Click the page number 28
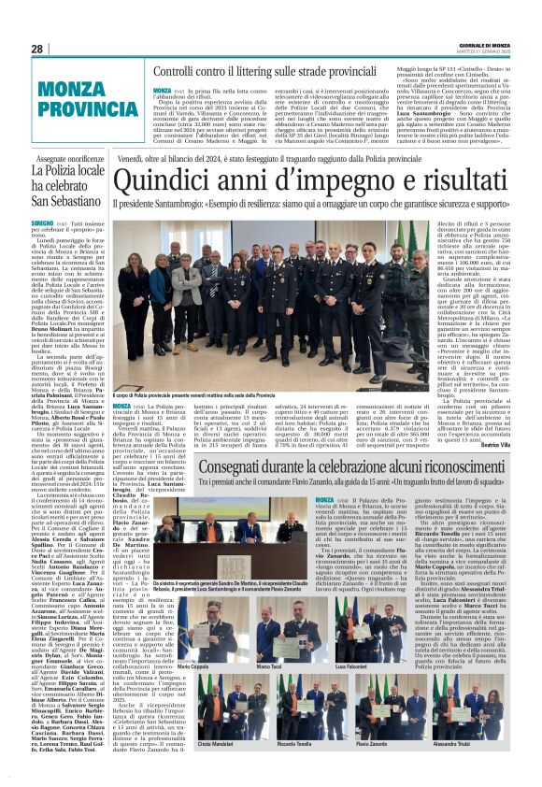point(37,48)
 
